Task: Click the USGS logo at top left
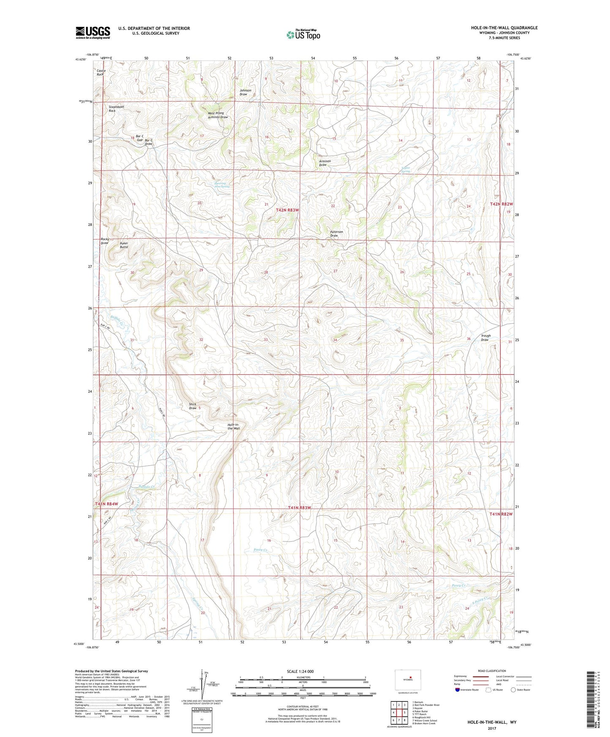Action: coord(93,33)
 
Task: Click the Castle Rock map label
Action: coord(100,73)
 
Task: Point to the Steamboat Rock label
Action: coord(116,108)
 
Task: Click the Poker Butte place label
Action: coord(124,245)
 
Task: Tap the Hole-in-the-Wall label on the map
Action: coord(233,426)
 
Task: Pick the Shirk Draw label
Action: coord(193,406)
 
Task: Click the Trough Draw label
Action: coord(485,338)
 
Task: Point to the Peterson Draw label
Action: coord(336,234)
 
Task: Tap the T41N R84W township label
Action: coord(106,504)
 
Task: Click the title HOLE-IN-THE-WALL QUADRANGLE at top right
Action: coord(504,28)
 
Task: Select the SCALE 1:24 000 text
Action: coord(300,672)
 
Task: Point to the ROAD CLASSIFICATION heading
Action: coord(492,671)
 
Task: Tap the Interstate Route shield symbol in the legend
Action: coord(458,690)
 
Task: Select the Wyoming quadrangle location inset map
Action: coord(407,680)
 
